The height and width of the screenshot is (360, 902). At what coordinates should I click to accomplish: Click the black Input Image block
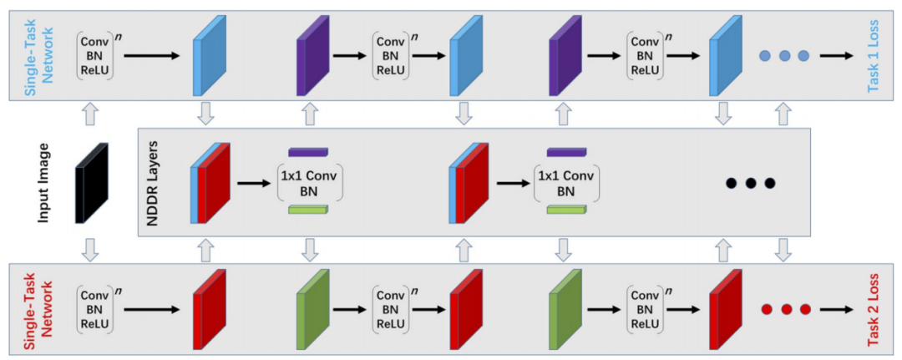click(92, 184)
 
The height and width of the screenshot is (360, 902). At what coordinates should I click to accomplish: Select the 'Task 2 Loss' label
click(874, 309)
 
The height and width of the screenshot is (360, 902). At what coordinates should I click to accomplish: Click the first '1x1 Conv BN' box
click(309, 183)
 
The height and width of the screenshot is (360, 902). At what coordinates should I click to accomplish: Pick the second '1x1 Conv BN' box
click(566, 183)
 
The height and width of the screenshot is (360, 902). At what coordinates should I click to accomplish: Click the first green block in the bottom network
click(310, 308)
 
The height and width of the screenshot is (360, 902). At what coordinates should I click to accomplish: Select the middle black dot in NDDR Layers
click(750, 183)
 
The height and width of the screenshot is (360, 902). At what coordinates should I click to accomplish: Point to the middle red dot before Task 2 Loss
click(786, 309)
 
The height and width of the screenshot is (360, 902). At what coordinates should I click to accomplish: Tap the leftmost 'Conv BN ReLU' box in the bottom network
click(96, 308)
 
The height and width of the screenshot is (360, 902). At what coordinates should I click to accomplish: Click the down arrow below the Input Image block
click(92, 248)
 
